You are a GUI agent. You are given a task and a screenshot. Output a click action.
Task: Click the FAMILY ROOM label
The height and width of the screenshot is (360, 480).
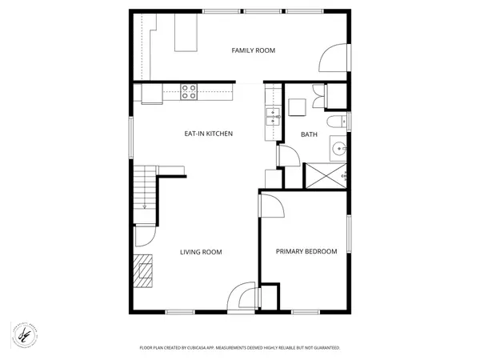tap(253, 50)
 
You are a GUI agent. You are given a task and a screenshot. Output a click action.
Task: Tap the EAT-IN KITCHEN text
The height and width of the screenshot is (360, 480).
tap(209, 134)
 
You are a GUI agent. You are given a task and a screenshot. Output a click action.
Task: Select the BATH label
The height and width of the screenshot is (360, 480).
tap(309, 134)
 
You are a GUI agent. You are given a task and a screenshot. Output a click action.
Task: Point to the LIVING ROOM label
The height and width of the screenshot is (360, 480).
tap(200, 252)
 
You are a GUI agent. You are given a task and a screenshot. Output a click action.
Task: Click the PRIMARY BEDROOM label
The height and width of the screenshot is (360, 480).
tap(306, 251)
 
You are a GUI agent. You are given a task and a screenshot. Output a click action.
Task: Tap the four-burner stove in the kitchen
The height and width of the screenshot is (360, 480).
tap(190, 92)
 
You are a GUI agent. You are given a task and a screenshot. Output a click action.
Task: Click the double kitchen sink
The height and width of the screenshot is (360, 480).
tap(272, 118)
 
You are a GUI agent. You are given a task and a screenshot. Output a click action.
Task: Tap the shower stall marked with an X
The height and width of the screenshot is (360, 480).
tap(324, 175)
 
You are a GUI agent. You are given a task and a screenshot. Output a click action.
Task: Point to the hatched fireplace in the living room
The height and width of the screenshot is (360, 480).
tap(143, 270)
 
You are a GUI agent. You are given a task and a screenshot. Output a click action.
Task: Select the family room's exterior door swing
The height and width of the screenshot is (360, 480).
tap(334, 58)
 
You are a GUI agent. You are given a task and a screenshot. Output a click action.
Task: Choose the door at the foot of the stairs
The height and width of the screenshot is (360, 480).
tap(143, 235)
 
